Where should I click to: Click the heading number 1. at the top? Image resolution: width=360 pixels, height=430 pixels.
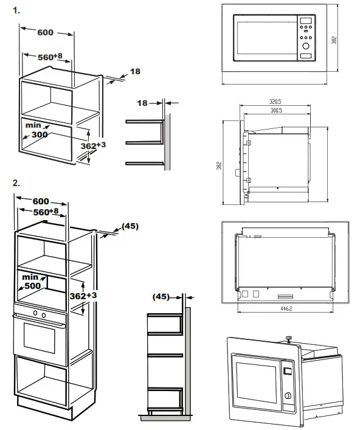[16, 10]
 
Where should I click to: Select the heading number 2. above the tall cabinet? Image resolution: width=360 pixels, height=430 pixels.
[16, 182]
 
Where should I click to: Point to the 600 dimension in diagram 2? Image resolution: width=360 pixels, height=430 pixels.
[41, 201]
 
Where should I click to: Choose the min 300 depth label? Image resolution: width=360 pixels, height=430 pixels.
[37, 129]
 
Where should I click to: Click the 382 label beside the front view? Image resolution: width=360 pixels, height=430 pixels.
[334, 38]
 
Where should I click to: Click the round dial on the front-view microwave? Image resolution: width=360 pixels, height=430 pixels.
[305, 46]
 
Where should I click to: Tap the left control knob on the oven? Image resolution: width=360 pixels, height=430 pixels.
[35, 314]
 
